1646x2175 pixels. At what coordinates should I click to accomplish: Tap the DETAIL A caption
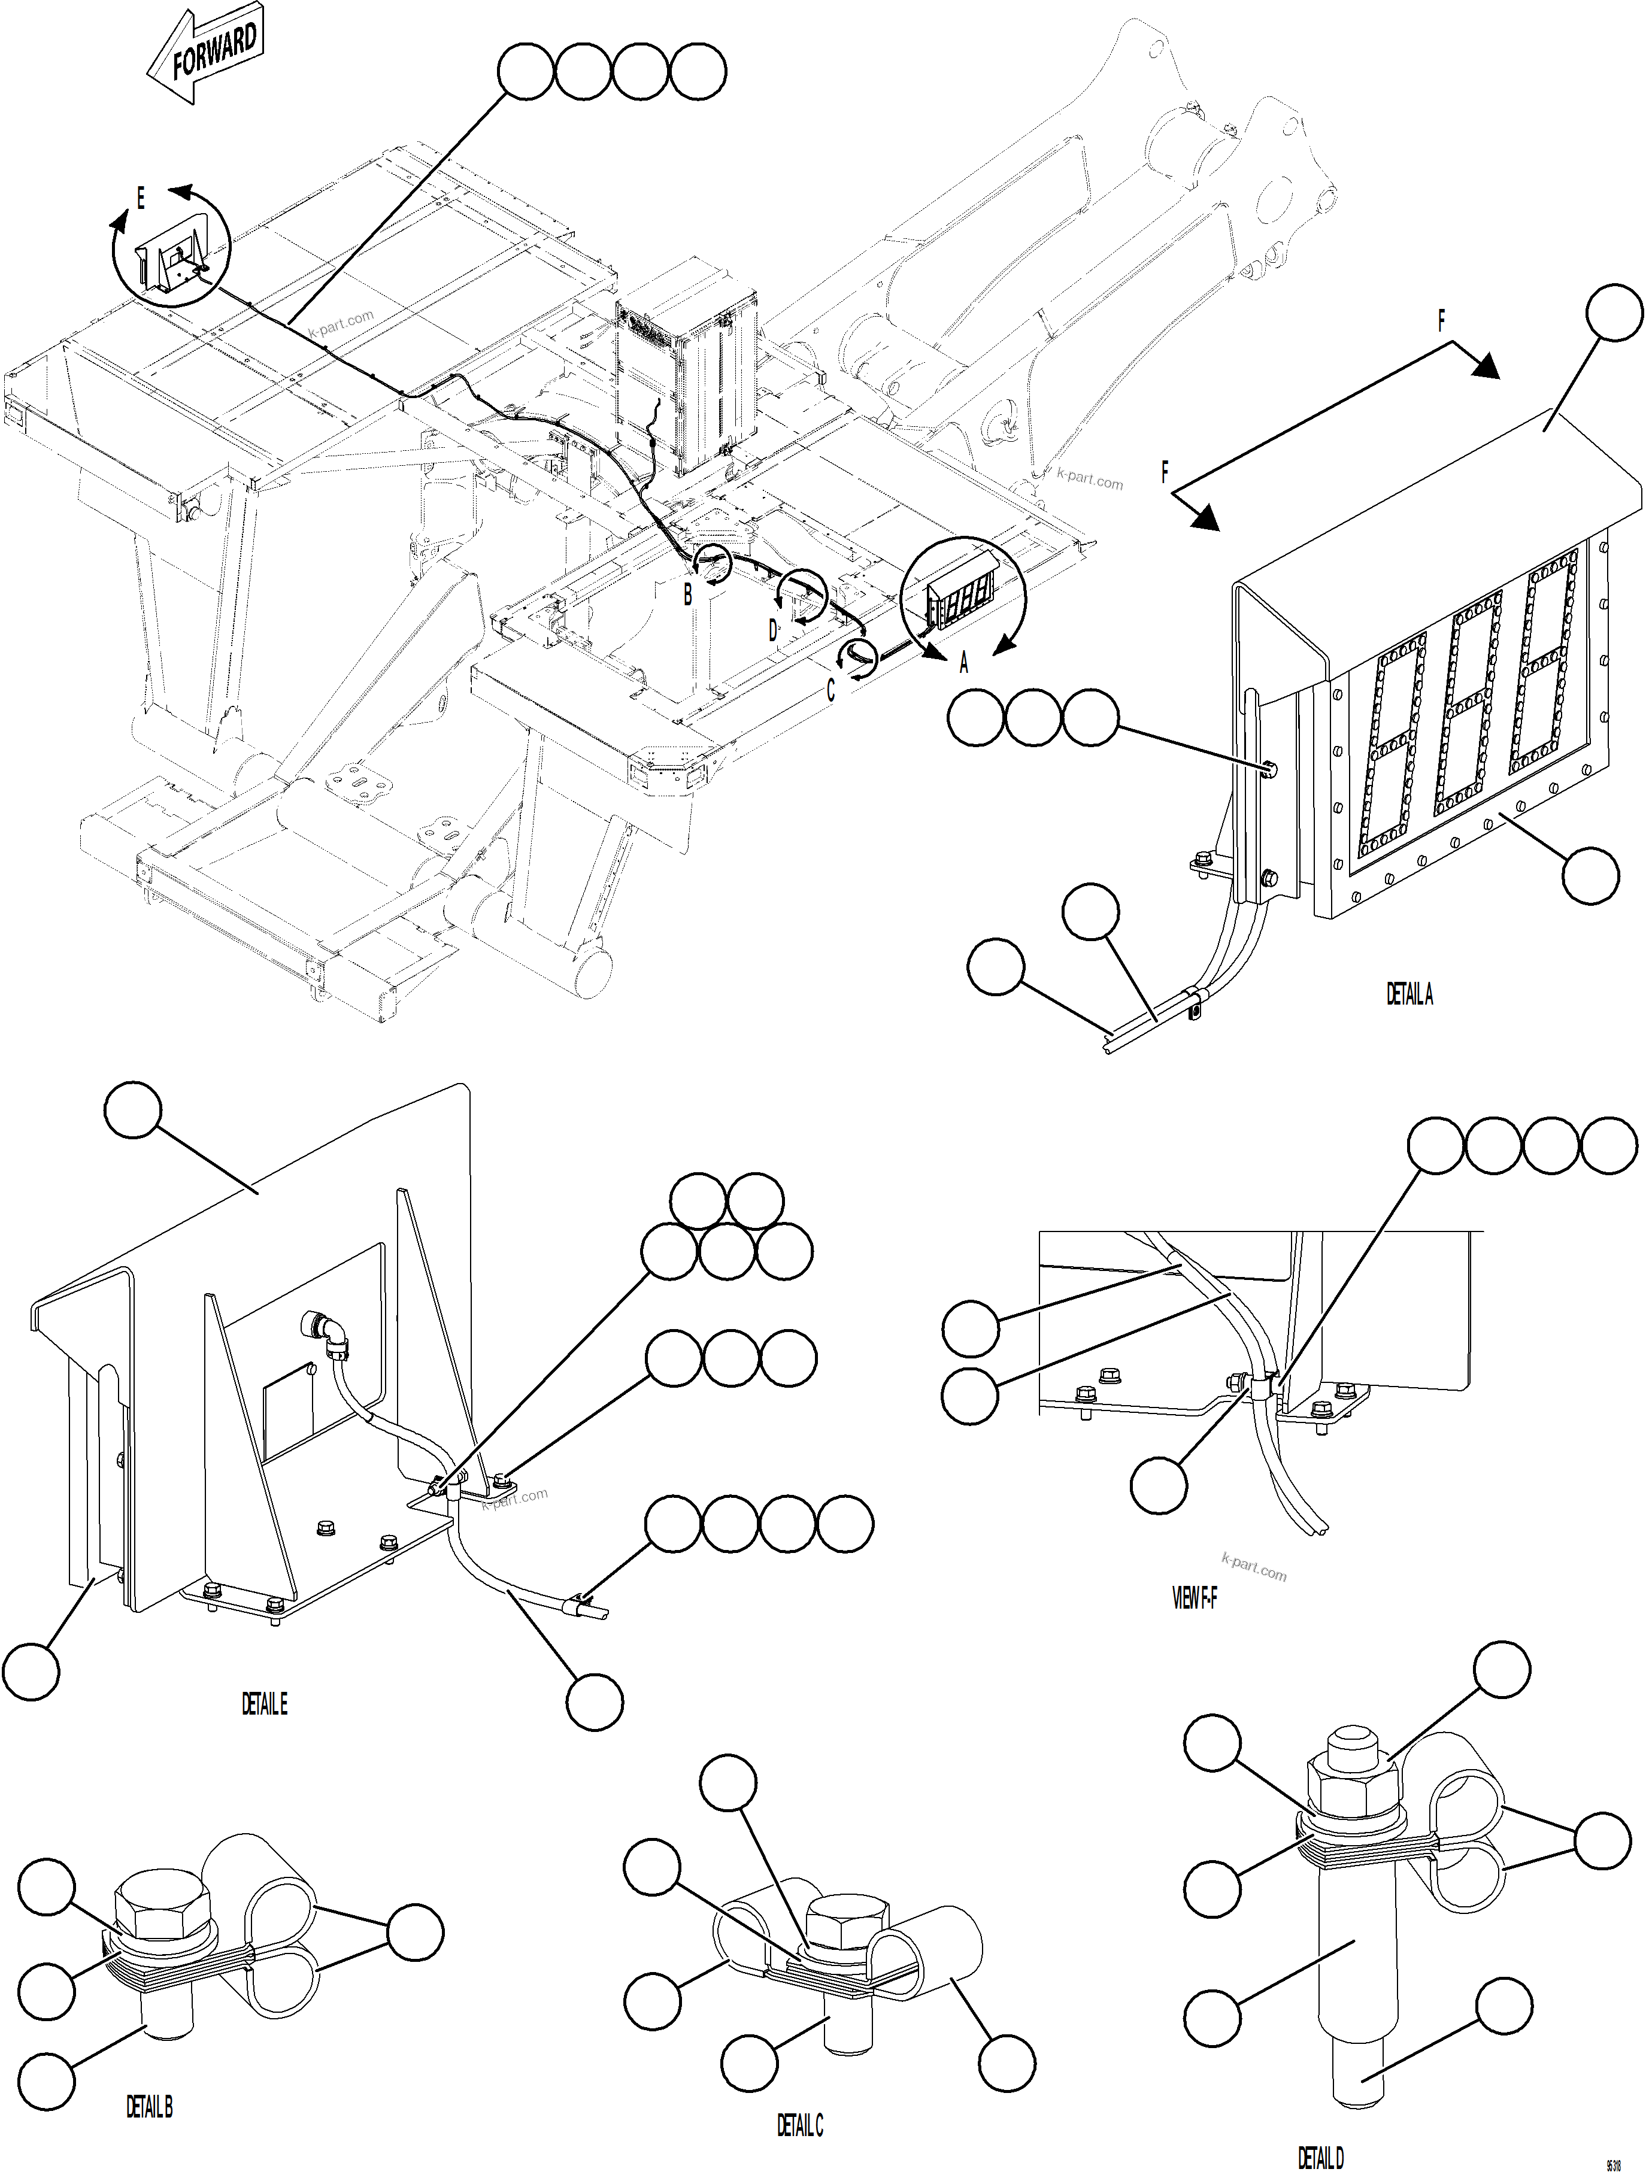click(x=1409, y=995)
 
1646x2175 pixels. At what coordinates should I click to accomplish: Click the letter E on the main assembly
click(x=141, y=199)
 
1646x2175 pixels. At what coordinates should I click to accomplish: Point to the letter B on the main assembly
click(x=689, y=594)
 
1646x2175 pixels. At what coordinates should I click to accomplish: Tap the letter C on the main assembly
click(x=831, y=690)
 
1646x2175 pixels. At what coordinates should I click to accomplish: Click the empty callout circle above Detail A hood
click(x=1614, y=313)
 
